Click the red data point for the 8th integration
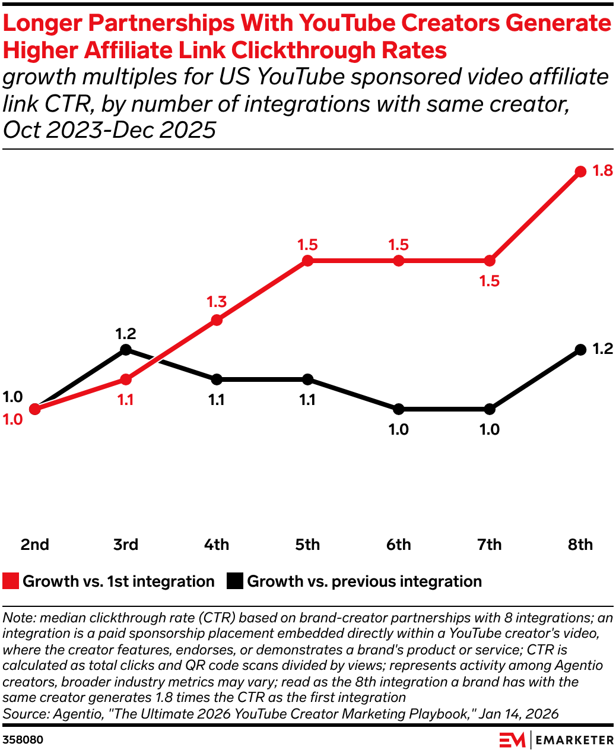tap(580, 172)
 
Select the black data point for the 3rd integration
tap(125, 350)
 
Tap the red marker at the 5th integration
tap(307, 261)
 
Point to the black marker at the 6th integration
tap(398, 409)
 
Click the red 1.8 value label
tap(602, 171)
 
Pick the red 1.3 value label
tap(217, 302)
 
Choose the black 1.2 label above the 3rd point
tap(125, 333)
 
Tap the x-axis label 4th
tap(217, 545)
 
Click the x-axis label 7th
tap(490, 545)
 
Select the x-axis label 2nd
tap(35, 545)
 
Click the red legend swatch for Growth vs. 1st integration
tap(11, 581)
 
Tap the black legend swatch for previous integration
tap(235, 581)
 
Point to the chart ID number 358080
tap(23, 740)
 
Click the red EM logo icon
tap(512, 740)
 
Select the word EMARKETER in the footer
tap(574, 740)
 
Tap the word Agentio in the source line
tap(77, 714)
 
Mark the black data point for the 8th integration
tap(580, 350)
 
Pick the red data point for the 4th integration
tap(217, 320)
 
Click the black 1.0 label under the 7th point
tap(490, 429)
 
